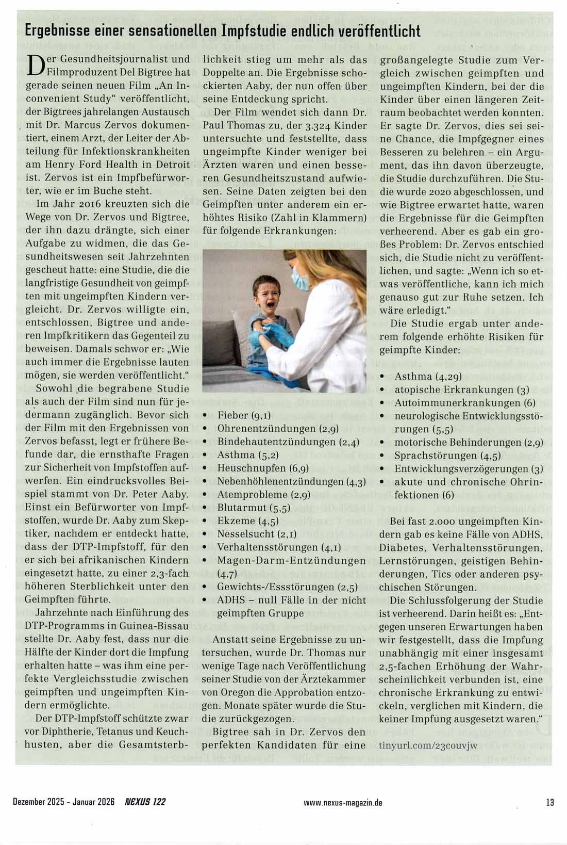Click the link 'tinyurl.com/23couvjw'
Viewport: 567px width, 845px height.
click(x=428, y=745)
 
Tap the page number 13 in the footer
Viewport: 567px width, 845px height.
click(x=550, y=802)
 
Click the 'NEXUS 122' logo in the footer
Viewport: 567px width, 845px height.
click(x=145, y=802)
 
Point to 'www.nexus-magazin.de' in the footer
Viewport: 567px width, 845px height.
click(x=343, y=802)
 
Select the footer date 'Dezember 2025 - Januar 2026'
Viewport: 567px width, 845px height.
click(x=63, y=802)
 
